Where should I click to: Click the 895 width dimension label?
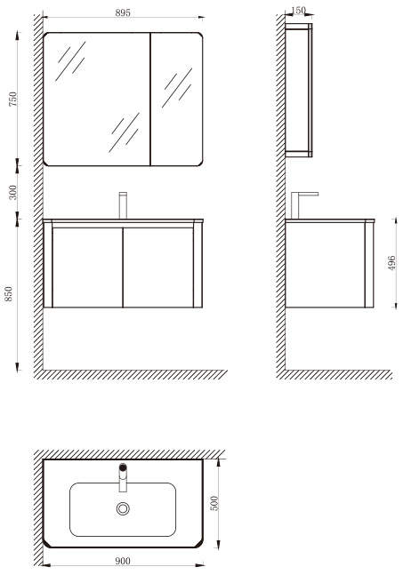123,12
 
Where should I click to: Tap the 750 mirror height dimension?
12,99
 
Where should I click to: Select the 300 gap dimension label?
12,192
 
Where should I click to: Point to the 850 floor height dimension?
8,294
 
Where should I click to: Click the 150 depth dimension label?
299,11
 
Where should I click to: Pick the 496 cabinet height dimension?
392,263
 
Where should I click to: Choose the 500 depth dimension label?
214,503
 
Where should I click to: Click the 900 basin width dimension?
123,561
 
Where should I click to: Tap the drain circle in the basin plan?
123,508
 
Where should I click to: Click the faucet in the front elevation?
123,205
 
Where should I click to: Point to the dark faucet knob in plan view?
123,467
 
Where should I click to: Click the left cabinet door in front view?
87,268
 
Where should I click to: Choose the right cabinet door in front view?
158,268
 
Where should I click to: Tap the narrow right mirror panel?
176,99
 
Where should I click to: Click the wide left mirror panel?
97,99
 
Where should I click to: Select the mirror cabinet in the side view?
299,91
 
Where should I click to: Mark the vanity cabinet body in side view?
329,264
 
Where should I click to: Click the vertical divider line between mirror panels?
150,99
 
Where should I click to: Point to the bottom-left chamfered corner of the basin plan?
46,543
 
